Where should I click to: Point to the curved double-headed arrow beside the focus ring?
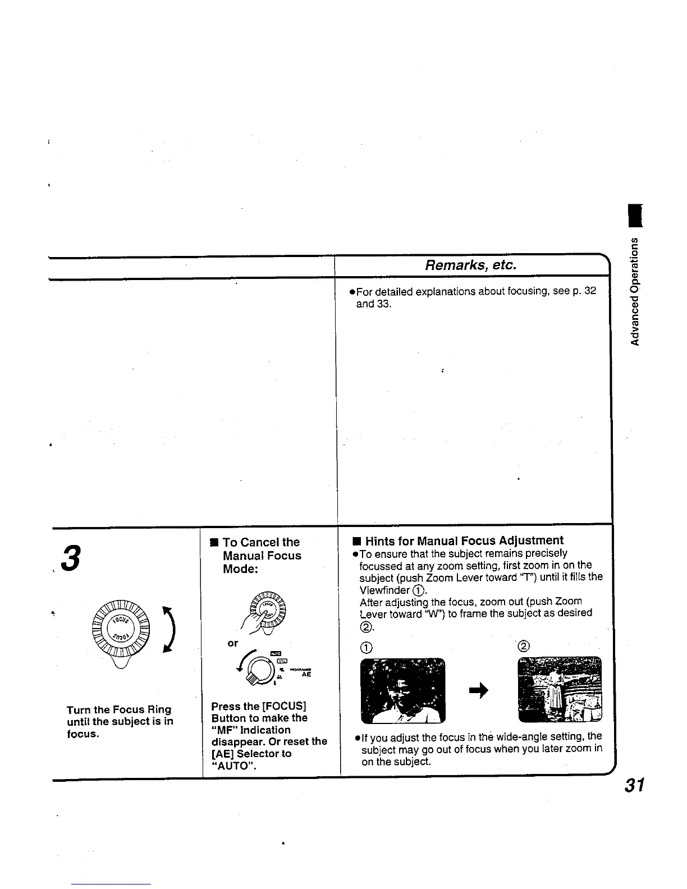pyautogui.click(x=168, y=630)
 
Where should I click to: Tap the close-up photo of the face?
pyautogui.click(x=402, y=690)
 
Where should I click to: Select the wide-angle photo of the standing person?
pyautogui.click(x=560, y=689)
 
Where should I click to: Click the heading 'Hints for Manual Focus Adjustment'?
pyautogui.click(x=464, y=541)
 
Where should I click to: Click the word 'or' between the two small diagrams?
pyautogui.click(x=232, y=643)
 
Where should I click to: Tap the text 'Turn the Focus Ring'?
pyautogui.click(x=118, y=709)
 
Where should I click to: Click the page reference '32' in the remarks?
pyautogui.click(x=589, y=291)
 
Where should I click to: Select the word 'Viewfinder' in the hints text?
pyautogui.click(x=384, y=590)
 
